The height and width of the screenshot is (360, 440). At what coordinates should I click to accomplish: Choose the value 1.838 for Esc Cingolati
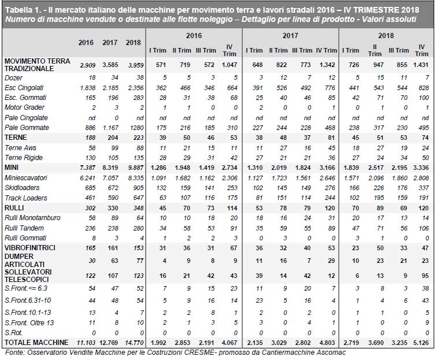click(x=87, y=87)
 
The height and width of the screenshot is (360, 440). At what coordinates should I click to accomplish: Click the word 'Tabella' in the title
click(x=19, y=8)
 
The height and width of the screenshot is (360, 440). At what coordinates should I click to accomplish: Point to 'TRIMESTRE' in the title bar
click(x=366, y=8)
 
